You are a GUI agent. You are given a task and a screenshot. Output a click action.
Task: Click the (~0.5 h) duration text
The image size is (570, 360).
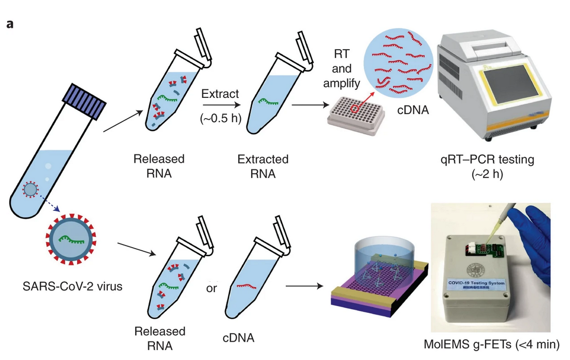(x=221, y=118)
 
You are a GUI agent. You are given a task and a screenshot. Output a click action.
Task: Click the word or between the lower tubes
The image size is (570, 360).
(x=211, y=288)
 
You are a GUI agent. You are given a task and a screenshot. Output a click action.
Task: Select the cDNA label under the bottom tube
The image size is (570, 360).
(x=238, y=338)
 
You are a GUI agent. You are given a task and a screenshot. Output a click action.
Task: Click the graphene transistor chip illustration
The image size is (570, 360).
(x=378, y=282)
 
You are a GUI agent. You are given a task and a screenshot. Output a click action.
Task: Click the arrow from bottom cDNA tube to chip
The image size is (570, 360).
(x=305, y=285)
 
